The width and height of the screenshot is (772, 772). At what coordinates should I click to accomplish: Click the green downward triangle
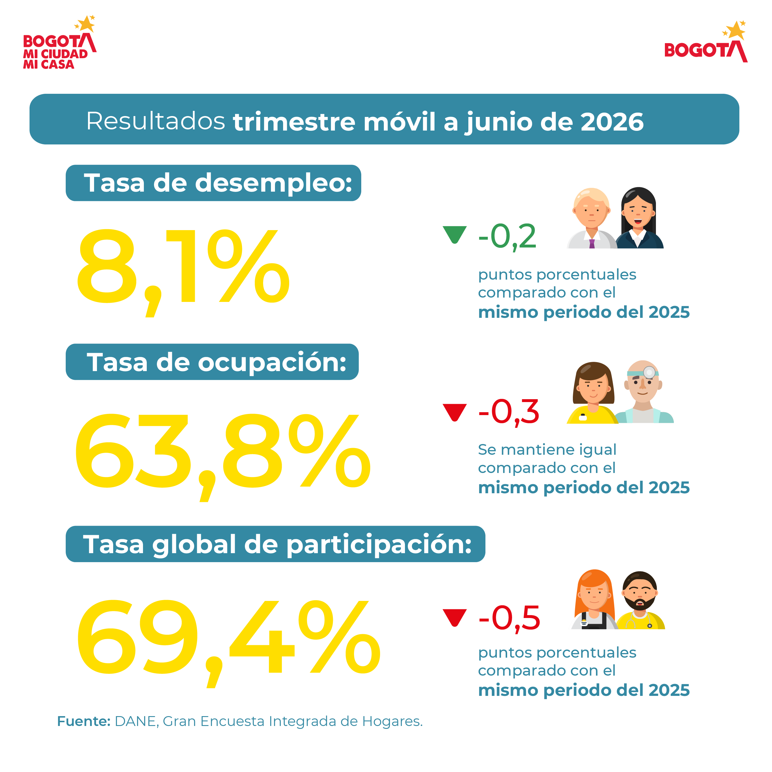tap(455, 233)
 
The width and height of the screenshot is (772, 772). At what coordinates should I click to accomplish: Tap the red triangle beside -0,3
tap(455, 411)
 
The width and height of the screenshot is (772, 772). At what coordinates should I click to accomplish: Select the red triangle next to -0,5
tap(455, 617)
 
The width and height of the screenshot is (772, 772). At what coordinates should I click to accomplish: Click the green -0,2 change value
tap(507, 236)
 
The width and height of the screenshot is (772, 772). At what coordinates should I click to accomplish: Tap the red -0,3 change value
tap(509, 412)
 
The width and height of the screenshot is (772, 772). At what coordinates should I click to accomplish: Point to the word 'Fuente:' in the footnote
tap(84, 721)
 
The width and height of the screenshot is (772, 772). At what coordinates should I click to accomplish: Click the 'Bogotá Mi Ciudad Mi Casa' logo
tap(60, 42)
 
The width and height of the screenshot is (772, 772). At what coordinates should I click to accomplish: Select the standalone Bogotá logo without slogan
tap(706, 42)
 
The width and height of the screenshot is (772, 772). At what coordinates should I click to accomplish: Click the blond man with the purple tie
tap(591, 218)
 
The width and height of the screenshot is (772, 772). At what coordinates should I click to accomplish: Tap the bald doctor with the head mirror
tap(643, 392)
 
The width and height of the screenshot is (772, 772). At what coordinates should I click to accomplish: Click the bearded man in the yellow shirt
tap(640, 601)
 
